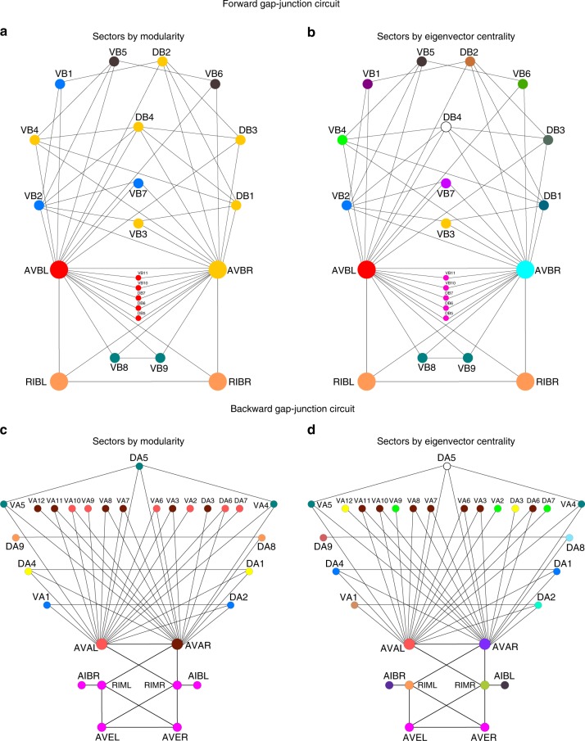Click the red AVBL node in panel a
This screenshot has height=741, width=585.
[59, 269]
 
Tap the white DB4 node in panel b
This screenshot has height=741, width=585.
[447, 128]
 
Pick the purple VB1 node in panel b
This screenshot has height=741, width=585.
[367, 84]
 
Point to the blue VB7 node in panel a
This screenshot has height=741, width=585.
[138, 183]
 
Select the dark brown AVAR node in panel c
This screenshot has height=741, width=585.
[177, 644]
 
